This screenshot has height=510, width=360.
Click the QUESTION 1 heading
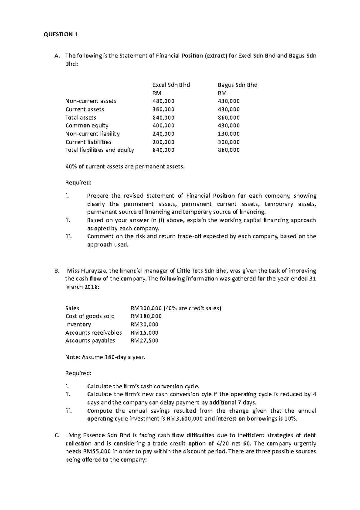pos(61,34)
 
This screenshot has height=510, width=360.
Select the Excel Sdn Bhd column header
pos(171,85)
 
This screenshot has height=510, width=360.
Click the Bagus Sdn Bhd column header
pos(237,85)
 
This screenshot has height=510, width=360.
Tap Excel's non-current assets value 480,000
pos(163,101)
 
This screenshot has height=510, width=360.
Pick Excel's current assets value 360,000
pos(163,109)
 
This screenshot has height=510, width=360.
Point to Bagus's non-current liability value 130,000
pos(229,134)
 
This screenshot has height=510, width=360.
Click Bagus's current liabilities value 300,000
pos(229,142)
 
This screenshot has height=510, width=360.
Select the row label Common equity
pos(87,126)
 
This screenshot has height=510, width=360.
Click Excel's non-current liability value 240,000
pos(163,134)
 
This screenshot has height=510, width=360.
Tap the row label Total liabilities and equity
pos(100,150)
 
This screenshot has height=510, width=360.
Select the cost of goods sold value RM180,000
pos(146,316)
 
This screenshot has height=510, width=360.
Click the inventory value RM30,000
pos(144,324)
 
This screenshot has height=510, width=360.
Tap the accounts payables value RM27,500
pos(144,341)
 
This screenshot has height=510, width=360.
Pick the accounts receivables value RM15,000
pos(144,332)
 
